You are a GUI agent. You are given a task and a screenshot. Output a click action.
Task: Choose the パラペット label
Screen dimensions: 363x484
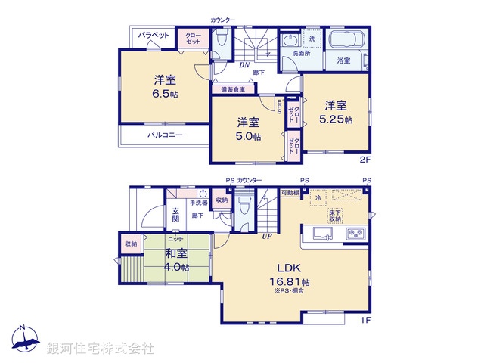[154, 35]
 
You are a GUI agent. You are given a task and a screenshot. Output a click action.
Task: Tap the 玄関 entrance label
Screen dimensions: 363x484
[175, 214]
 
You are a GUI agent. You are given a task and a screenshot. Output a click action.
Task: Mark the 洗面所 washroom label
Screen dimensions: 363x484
[302, 54]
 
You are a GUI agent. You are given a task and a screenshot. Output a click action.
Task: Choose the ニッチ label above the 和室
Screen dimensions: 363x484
[175, 238]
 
